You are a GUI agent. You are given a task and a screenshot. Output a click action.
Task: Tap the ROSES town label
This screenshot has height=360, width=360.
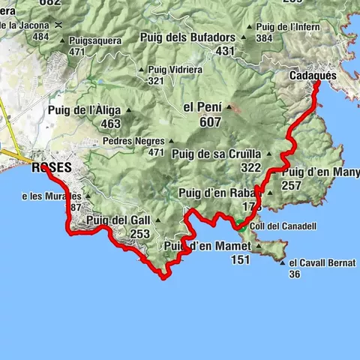(x=52, y=168)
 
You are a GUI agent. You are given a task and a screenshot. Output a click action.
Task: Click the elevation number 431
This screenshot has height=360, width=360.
(x=226, y=51)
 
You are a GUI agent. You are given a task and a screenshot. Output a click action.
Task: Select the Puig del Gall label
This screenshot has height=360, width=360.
(x=118, y=220)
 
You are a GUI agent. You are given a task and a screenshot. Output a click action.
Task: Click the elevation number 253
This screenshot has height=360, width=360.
(x=139, y=234)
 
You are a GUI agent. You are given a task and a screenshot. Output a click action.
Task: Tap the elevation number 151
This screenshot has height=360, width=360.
(x=240, y=259)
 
